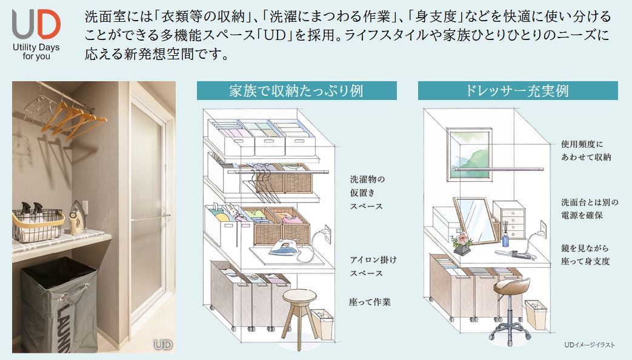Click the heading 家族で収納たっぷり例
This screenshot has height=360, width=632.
296,92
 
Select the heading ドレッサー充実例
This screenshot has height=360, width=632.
517,92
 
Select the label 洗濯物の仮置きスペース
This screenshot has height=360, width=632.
367,193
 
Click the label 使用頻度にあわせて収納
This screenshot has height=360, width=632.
585,151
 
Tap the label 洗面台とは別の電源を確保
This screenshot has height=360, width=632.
585,208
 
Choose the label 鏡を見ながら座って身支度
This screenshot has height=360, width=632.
585,255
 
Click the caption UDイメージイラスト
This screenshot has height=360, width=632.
589,345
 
